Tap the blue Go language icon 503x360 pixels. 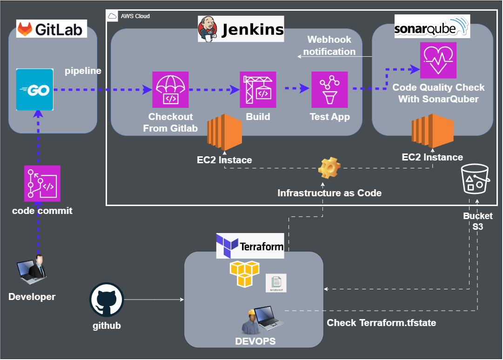click(x=34, y=90)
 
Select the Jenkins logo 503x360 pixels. click(x=241, y=29)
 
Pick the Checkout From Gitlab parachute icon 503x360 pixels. click(x=170, y=89)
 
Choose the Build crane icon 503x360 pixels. click(x=258, y=89)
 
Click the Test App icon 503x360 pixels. click(x=329, y=89)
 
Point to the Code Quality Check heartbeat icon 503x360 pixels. click(x=438, y=60)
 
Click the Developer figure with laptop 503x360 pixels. click(x=33, y=269)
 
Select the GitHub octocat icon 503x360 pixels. click(x=106, y=300)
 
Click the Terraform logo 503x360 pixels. click(x=250, y=246)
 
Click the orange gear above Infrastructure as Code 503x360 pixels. click(x=329, y=168)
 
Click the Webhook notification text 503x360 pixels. click(x=329, y=46)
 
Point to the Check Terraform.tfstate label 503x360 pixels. click(x=381, y=322)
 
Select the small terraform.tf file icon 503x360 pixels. click(x=276, y=283)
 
